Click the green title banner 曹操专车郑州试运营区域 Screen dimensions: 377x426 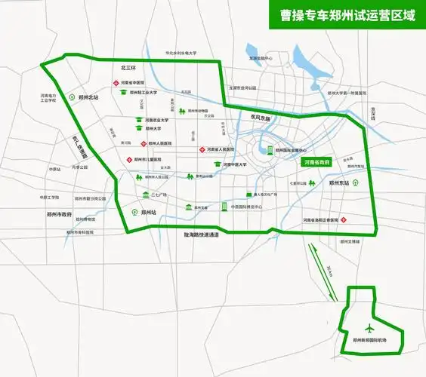point(345,14)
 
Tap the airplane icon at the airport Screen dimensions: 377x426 point(368,328)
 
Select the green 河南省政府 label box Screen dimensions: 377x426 point(316,162)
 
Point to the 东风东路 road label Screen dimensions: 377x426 point(259,118)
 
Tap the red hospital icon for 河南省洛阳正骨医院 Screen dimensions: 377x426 point(343,220)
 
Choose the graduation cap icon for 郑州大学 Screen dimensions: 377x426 point(140,130)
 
